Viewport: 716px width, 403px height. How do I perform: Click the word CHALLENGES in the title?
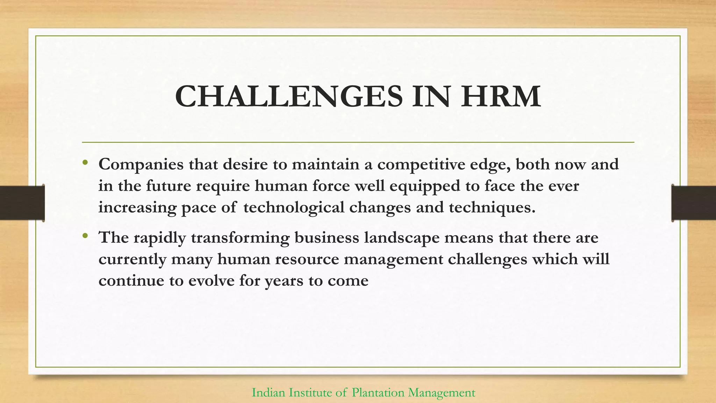click(x=289, y=97)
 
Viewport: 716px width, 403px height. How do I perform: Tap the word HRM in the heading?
click(x=501, y=97)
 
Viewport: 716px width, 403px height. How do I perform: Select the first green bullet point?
click(x=85, y=163)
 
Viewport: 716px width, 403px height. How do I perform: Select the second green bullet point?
click(x=85, y=236)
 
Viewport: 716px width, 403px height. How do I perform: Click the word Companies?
click(x=141, y=164)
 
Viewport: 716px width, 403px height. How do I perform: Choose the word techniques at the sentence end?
click(x=492, y=207)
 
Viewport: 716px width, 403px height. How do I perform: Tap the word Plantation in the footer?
click(x=373, y=393)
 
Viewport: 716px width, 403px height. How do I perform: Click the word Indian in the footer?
click(x=268, y=393)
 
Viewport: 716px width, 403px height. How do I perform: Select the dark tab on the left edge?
click(x=22, y=203)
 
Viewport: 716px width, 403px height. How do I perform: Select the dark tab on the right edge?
click(x=694, y=203)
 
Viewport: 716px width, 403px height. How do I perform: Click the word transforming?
click(x=240, y=238)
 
